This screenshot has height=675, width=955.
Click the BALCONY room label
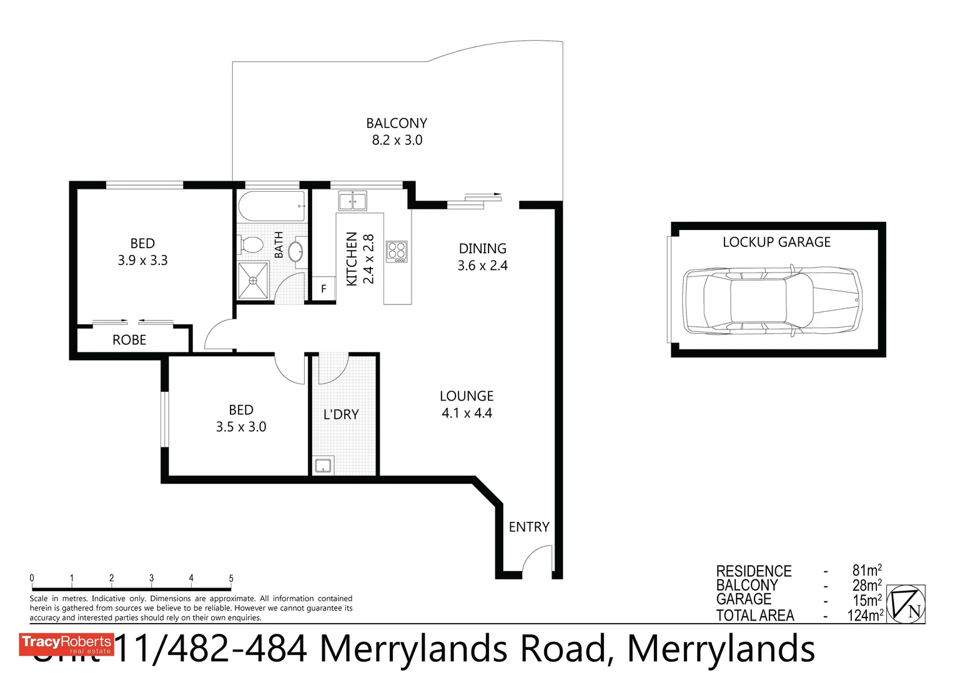[x=397, y=123]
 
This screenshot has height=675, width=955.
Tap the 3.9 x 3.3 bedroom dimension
[x=142, y=261]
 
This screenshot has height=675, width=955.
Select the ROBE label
[x=129, y=340]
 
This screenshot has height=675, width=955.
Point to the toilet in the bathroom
[x=251, y=245]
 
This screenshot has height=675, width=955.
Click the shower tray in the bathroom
[x=253, y=281]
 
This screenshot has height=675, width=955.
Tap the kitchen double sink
[x=352, y=201]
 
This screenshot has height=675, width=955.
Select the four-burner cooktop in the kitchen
[x=397, y=251]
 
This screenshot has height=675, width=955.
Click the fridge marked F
[x=324, y=289]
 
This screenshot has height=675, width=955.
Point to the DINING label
[x=482, y=249]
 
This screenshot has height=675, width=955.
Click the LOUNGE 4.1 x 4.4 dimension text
[x=467, y=413]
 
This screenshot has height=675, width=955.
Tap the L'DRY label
[x=341, y=414]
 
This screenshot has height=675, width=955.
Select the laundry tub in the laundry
[x=324, y=465]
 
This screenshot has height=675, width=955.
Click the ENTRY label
[x=529, y=527]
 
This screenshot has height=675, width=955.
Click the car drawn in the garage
[x=772, y=301]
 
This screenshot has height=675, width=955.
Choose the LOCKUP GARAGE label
[x=776, y=242]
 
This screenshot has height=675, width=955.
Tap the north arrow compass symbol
[x=906, y=604]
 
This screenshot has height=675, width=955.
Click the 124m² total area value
[x=865, y=616]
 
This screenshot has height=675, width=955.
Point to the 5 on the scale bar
[x=231, y=578]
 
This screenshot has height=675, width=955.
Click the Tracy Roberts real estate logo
[x=66, y=644]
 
